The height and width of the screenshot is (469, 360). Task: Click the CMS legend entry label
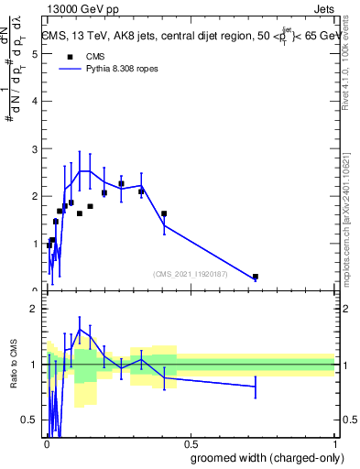point(95,56)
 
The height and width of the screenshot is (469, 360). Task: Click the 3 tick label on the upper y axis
point(34,148)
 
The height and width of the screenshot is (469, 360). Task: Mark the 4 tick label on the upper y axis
point(34,101)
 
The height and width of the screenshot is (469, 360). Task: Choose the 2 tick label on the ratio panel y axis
point(34,309)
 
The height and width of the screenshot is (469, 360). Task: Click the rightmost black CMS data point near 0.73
point(256,277)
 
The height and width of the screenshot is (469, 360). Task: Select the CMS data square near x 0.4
point(164,214)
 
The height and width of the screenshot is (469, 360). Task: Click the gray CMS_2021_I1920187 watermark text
point(191,273)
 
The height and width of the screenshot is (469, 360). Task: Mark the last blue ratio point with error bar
point(256,387)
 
